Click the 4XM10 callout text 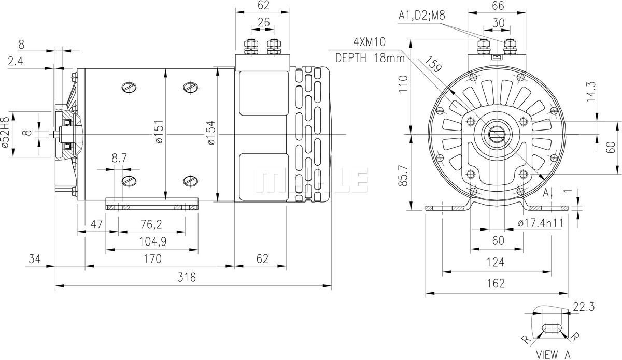369,42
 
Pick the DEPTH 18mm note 369,57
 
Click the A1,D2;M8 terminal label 421,16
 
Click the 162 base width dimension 496,283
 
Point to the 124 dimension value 496,262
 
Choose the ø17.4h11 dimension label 541,223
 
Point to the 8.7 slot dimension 119,159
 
